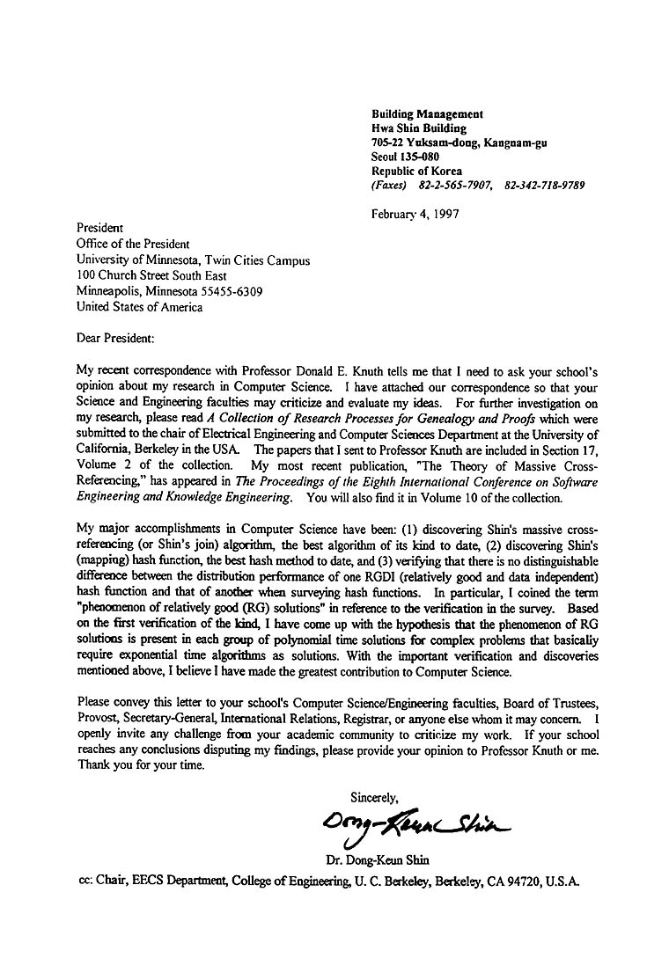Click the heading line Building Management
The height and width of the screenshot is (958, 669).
click(427, 114)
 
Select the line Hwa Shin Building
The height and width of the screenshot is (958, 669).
click(419, 128)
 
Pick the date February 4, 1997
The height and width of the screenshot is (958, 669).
click(415, 214)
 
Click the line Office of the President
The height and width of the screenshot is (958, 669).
click(133, 244)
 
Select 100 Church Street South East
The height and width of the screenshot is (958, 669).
click(151, 275)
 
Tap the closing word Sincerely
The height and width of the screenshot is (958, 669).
click(374, 798)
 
